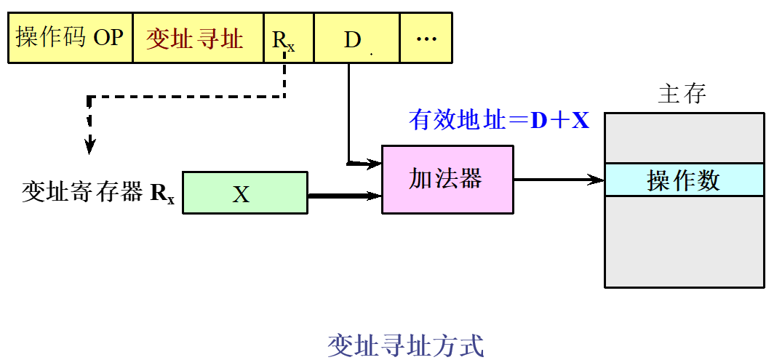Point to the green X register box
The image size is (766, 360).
[x=245, y=193]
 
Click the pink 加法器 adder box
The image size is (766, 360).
[x=447, y=179]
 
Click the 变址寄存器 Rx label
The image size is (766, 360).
[x=99, y=193]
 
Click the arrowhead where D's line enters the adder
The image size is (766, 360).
[x=375, y=163]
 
